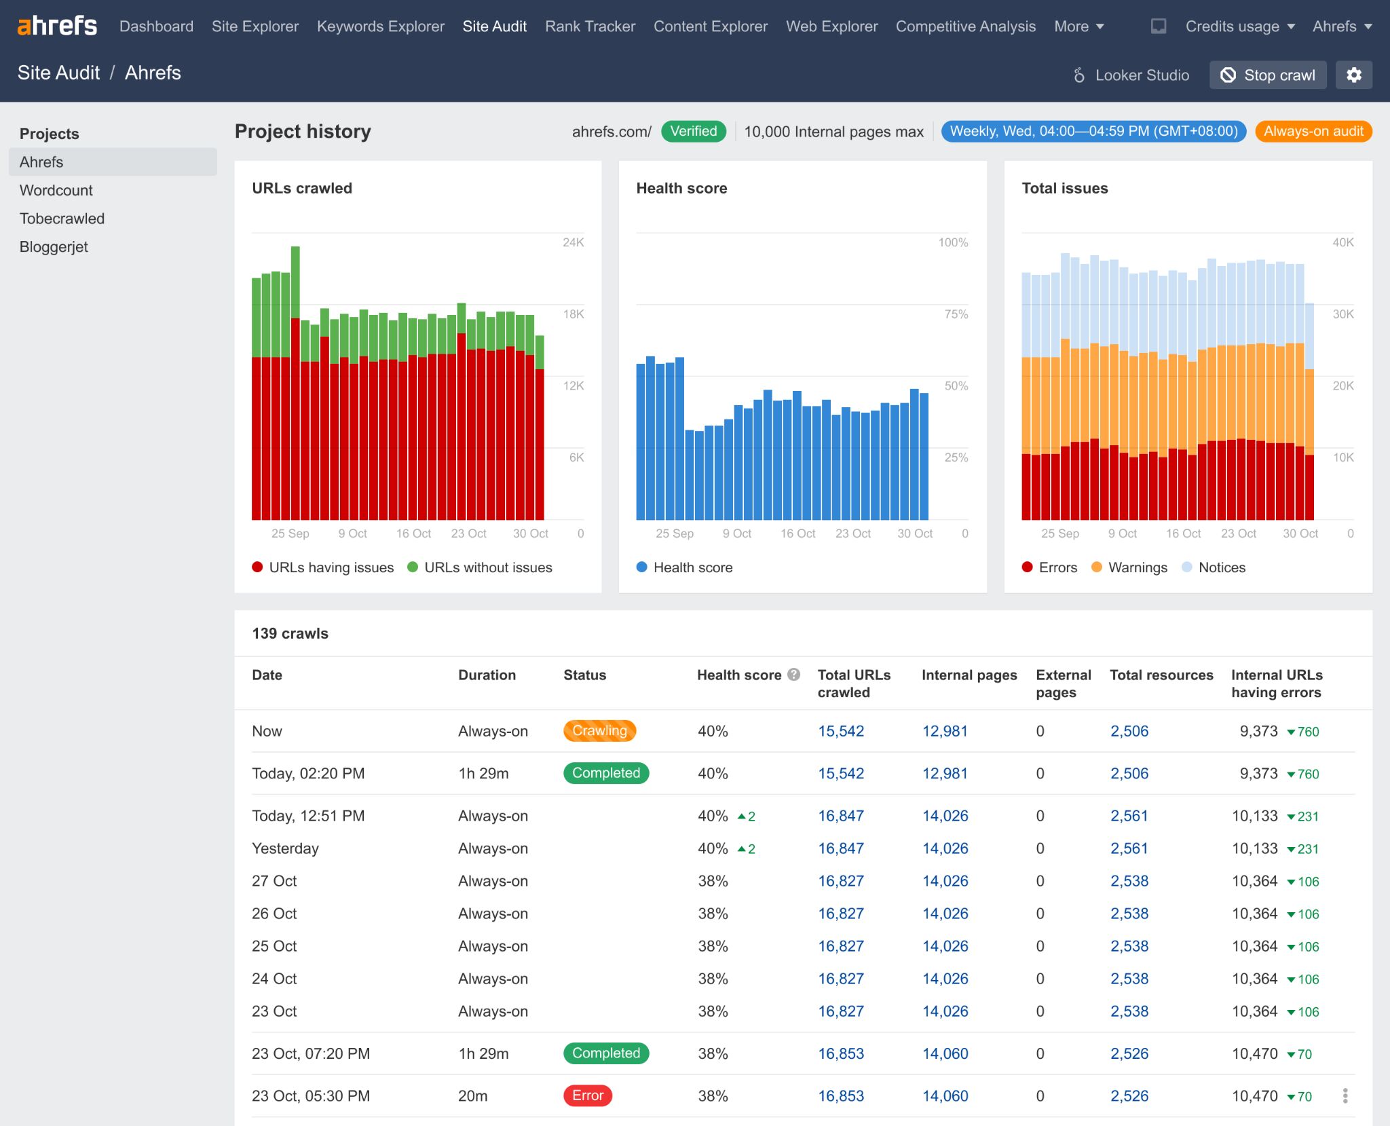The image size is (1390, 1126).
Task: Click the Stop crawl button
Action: (1267, 75)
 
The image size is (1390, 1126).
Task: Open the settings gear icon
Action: (1353, 75)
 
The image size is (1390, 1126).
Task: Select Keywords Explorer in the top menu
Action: (380, 26)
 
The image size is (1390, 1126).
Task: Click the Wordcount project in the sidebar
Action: (56, 191)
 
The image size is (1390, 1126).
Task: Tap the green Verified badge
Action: (693, 132)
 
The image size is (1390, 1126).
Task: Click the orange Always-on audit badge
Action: (1313, 132)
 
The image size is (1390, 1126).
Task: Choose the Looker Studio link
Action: (1131, 75)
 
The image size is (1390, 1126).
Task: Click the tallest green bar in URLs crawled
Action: (295, 282)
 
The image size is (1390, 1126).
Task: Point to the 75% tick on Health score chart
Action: (956, 314)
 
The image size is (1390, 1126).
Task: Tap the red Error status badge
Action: (587, 1095)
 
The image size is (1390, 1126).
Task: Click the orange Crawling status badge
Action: (599, 731)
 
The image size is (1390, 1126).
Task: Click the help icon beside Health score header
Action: (793, 675)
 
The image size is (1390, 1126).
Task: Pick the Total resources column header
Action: (1161, 675)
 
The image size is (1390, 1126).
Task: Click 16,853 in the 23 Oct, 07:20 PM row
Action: (840, 1053)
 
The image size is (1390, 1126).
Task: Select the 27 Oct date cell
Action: (274, 881)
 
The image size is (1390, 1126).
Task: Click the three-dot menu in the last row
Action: (1345, 1095)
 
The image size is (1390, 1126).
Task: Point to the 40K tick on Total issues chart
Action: (1342, 242)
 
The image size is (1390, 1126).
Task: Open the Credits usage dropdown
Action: (1239, 26)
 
